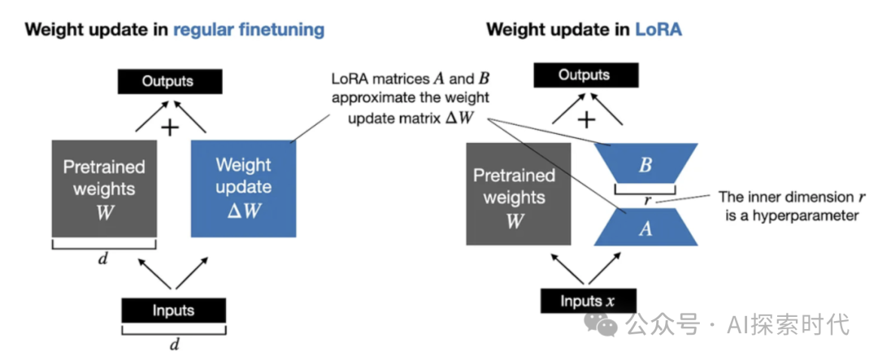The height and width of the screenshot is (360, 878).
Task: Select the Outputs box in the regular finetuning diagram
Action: [168, 81]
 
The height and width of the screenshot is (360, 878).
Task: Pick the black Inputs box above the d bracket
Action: [172, 311]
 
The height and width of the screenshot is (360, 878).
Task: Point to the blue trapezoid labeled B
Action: [645, 166]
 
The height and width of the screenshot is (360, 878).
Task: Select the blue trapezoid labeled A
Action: [645, 228]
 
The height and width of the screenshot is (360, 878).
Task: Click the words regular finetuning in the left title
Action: [248, 31]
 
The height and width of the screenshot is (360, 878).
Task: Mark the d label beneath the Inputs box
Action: [172, 345]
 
